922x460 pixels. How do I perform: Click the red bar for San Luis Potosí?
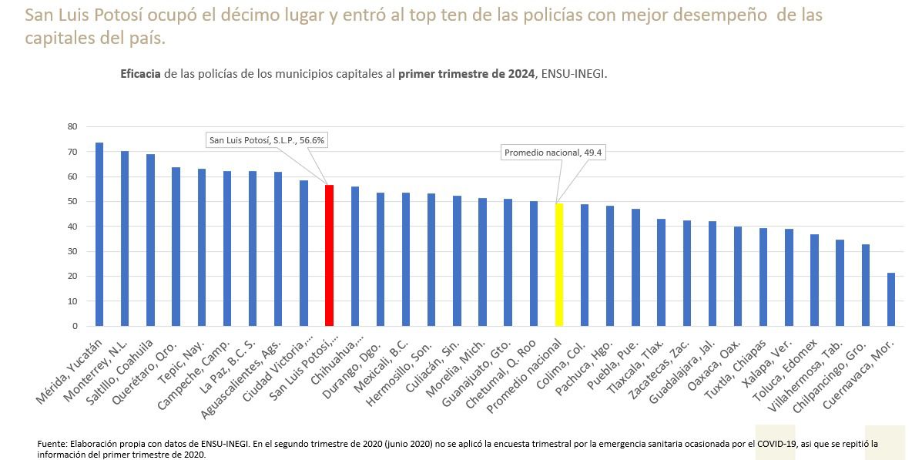(329, 255)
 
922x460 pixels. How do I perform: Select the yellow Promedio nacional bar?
(559, 264)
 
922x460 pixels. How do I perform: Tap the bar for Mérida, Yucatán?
(99, 234)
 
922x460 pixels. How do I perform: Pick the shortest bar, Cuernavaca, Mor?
(892, 299)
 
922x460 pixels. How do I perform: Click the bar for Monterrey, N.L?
(125, 238)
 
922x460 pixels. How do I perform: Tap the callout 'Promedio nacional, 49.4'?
(552, 153)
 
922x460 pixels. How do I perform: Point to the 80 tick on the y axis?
(72, 126)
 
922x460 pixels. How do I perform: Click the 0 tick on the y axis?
(75, 326)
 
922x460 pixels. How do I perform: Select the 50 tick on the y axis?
(72, 202)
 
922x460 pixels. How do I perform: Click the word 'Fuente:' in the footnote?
(52, 445)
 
